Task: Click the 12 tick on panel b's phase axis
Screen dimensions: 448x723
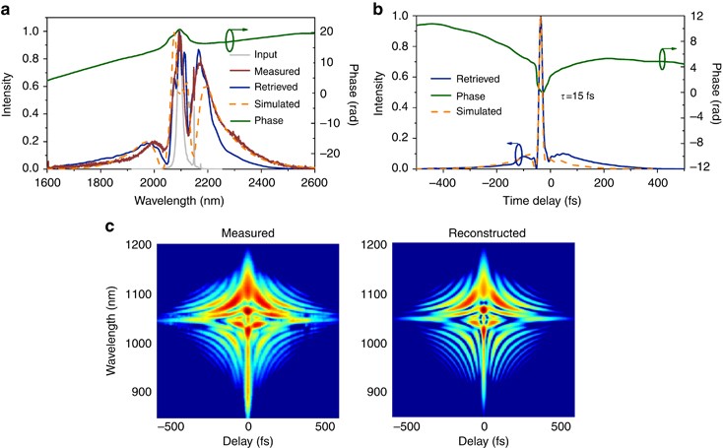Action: point(695,17)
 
